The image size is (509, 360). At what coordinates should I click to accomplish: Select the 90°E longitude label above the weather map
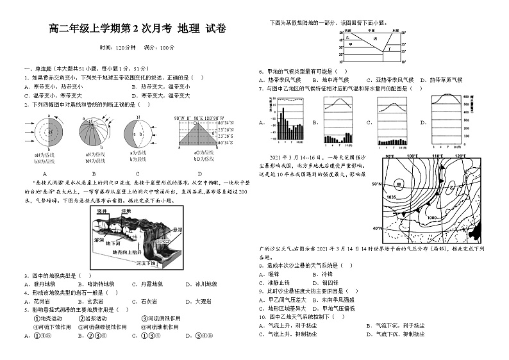(x=388, y=156)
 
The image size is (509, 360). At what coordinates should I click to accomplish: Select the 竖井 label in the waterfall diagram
(x=101, y=210)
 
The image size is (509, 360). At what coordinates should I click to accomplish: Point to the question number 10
(x=262, y=316)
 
